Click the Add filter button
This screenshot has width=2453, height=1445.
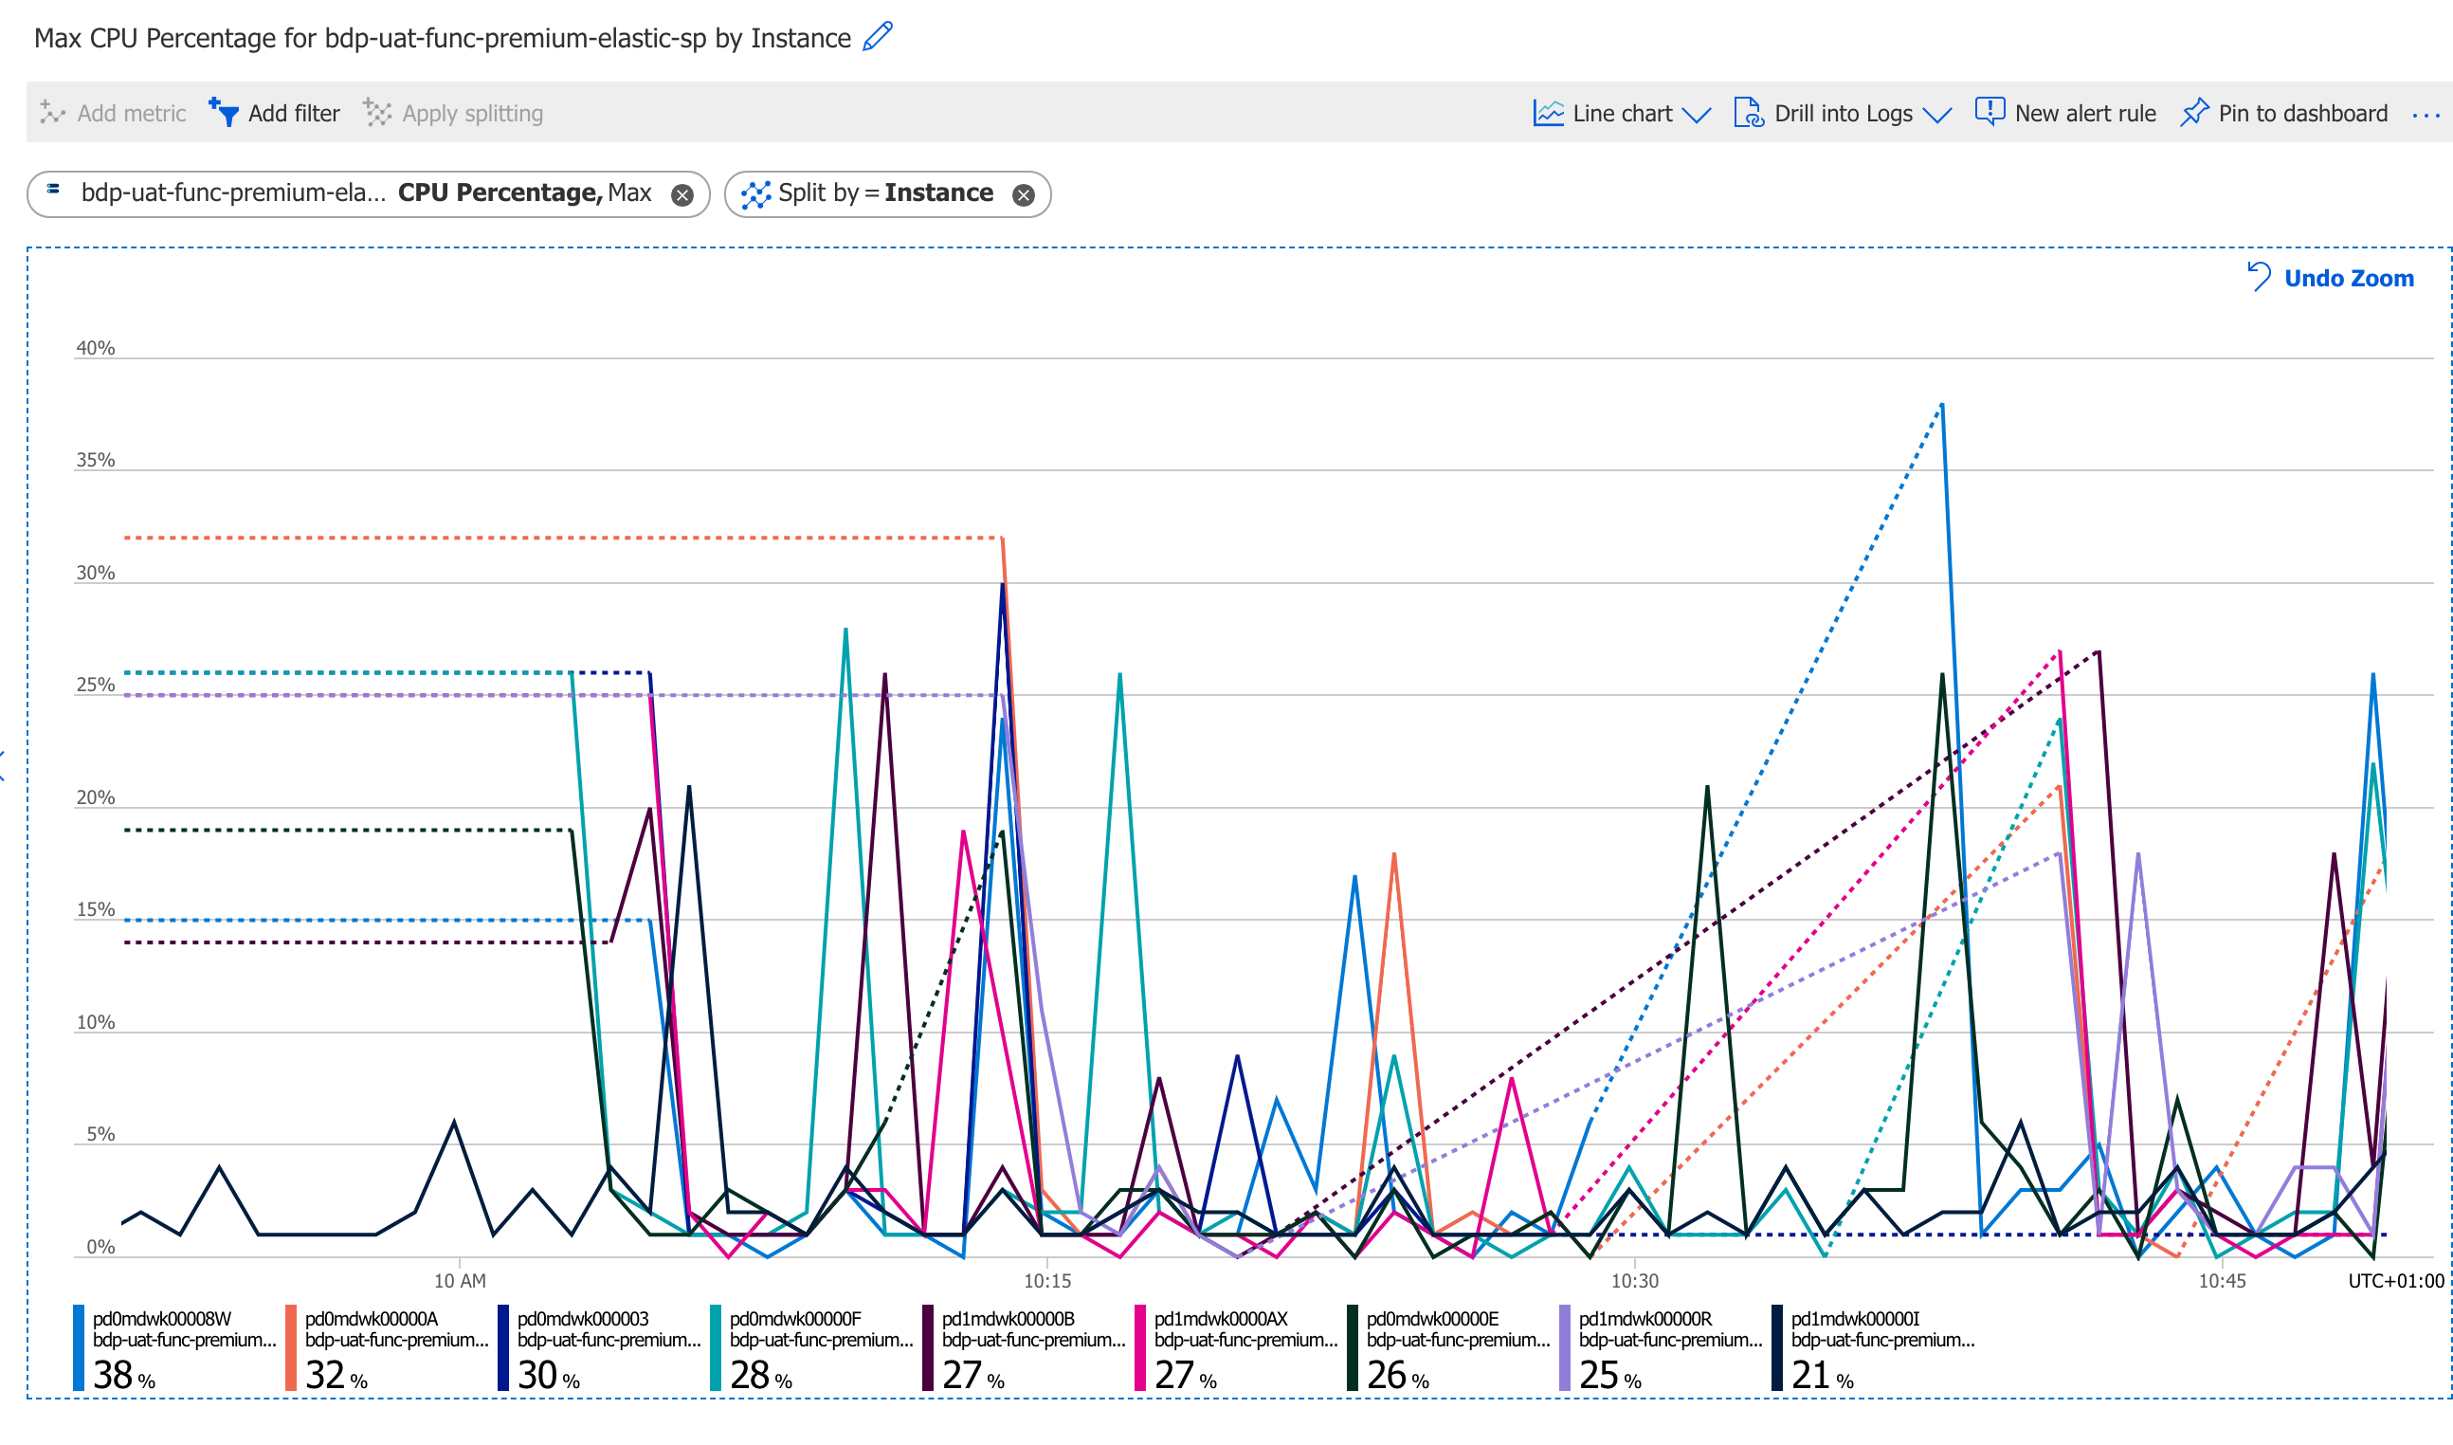pyautogui.click(x=276, y=114)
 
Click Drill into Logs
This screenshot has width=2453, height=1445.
pyautogui.click(x=1842, y=114)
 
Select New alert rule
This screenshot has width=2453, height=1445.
pyautogui.click(x=2065, y=114)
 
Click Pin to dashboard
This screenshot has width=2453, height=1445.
pyautogui.click(x=2283, y=114)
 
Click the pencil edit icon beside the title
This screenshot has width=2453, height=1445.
pyautogui.click(x=878, y=37)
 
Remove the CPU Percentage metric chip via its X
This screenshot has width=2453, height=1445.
pyautogui.click(x=682, y=195)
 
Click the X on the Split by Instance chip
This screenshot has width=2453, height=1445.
pyautogui.click(x=1023, y=195)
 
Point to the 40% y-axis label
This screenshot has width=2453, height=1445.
pyautogui.click(x=96, y=349)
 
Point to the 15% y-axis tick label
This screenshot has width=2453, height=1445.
pyautogui.click(x=96, y=910)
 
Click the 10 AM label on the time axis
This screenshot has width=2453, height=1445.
pyautogui.click(x=460, y=1281)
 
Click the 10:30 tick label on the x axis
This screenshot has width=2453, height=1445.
pyautogui.click(x=1634, y=1281)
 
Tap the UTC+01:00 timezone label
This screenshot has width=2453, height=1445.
pyautogui.click(x=2395, y=1281)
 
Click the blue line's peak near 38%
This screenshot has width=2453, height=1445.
pyautogui.click(x=1942, y=405)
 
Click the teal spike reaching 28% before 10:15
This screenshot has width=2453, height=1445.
pyautogui.click(x=845, y=631)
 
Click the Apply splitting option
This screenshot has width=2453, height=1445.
pyautogui.click(x=455, y=114)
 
